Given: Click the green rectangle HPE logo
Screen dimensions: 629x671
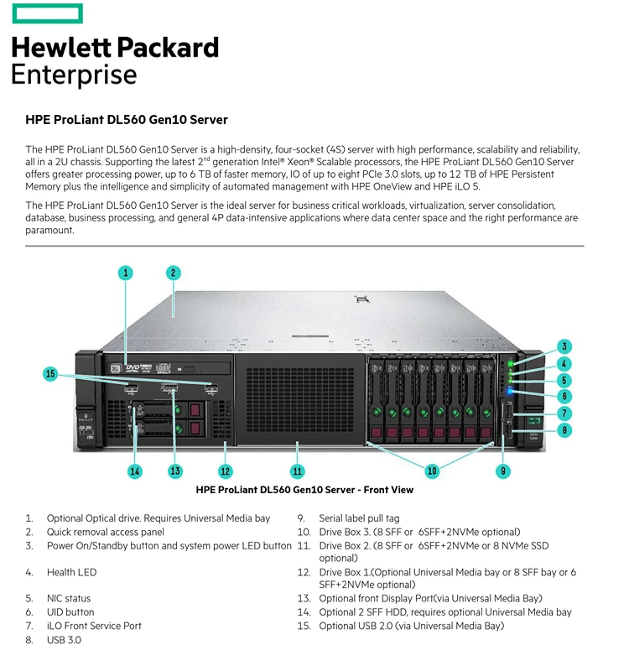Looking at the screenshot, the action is click(x=47, y=13).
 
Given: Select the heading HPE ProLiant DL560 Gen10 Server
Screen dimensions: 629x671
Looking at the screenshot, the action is click(x=127, y=120).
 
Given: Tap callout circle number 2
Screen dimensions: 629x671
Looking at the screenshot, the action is click(x=173, y=272).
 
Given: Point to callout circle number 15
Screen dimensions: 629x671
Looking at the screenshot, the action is click(x=50, y=374).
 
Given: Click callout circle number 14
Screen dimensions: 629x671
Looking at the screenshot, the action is click(x=135, y=471).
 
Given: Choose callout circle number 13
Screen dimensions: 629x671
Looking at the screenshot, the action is click(x=175, y=471).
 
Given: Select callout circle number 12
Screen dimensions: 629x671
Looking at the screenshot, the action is click(x=225, y=471).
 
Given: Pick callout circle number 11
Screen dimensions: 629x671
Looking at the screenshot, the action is click(x=297, y=471).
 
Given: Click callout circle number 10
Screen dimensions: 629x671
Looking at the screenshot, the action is click(x=432, y=471).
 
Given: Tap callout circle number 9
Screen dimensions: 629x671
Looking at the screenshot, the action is click(x=503, y=471).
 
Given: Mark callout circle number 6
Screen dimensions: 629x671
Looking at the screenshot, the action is click(x=565, y=396).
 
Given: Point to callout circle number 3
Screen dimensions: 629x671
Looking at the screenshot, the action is click(x=565, y=346).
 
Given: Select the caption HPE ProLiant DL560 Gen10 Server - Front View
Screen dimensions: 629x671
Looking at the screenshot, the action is click(x=304, y=490).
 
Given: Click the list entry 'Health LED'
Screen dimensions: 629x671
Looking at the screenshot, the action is click(x=71, y=572).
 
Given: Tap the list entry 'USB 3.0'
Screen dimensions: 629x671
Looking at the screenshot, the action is click(x=64, y=639).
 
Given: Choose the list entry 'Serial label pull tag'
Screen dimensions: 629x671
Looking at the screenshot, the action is click(x=359, y=518).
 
